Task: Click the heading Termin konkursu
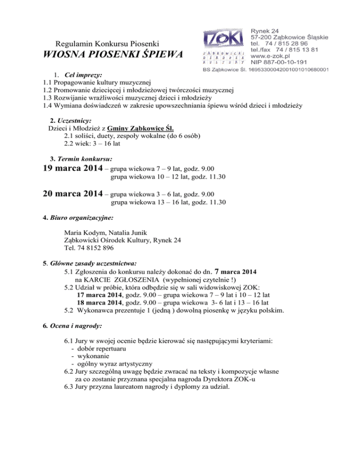(83, 153)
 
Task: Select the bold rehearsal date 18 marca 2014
(99, 303)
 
